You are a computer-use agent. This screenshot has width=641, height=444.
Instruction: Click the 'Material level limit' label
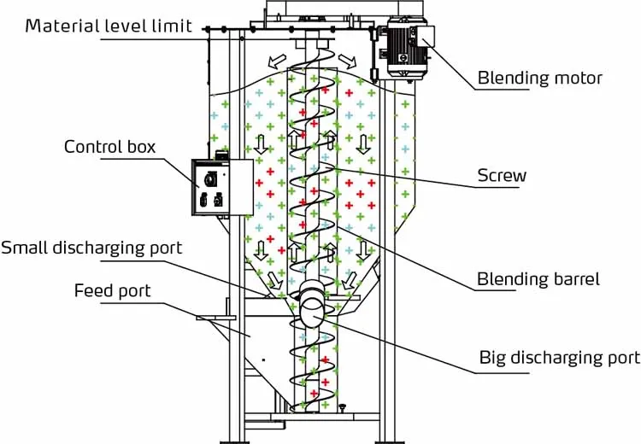(x=108, y=25)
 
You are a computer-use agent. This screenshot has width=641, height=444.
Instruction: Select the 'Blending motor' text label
(x=539, y=78)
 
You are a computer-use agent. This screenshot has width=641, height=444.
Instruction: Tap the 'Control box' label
(x=109, y=147)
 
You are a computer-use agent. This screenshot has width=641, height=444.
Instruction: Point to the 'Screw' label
(x=501, y=177)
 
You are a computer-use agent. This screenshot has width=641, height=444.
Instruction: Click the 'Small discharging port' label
(x=92, y=248)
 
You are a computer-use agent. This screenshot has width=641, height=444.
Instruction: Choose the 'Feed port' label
(x=112, y=291)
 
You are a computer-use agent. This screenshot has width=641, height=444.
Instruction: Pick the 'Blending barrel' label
(x=538, y=279)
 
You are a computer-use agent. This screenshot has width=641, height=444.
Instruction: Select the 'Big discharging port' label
(x=559, y=357)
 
